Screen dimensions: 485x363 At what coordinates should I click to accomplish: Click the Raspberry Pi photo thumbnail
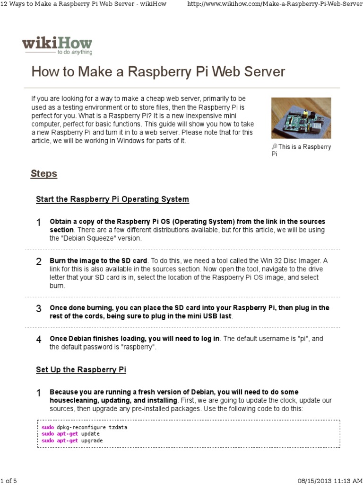301,118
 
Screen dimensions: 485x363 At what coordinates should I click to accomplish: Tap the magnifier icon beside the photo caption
274,147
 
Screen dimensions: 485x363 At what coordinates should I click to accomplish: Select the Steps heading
44,174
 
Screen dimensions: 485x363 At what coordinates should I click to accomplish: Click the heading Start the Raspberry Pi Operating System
112,199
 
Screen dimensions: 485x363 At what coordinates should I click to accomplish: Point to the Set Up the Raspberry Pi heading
81,369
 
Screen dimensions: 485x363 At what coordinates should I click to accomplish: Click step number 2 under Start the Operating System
39,262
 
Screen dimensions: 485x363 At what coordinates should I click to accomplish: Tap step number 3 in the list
39,309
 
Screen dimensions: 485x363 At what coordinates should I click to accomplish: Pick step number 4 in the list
39,340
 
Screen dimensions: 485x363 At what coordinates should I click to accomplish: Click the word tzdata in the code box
118,427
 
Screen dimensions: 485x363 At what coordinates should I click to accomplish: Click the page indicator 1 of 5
9,481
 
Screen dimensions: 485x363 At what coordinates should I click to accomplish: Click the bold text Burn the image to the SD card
99,261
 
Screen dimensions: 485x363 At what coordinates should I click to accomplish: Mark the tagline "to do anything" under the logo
74,53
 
